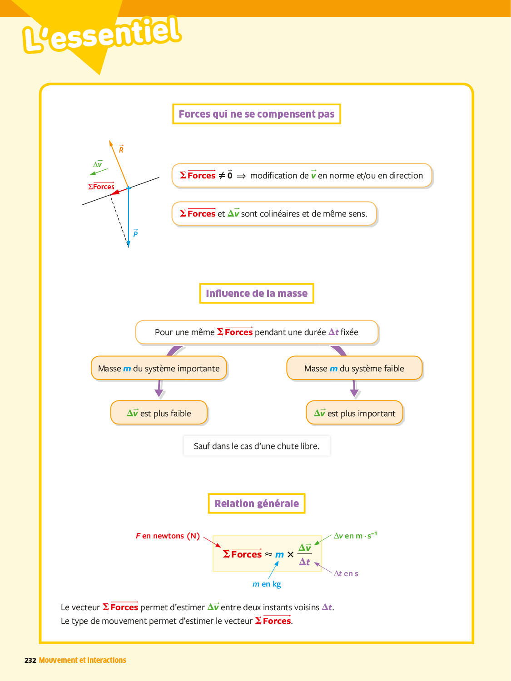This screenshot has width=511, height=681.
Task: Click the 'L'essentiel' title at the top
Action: [102, 35]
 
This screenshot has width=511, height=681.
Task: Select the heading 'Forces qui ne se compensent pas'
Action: [256, 114]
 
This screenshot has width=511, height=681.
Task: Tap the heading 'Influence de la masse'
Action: [256, 293]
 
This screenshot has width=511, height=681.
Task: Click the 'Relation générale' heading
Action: [256, 503]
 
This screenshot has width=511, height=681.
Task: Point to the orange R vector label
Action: [121, 149]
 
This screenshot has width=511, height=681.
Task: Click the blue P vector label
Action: [135, 233]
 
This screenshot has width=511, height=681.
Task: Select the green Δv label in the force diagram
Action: [98, 164]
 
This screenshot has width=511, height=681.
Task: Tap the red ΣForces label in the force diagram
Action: [101, 187]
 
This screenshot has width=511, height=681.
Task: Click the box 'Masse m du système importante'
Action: [159, 368]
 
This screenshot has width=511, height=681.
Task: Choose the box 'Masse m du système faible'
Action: [354, 368]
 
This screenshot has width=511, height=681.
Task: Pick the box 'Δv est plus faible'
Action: [159, 413]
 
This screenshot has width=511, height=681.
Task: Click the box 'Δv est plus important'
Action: [354, 413]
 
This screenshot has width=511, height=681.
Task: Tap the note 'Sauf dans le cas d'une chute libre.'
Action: [256, 446]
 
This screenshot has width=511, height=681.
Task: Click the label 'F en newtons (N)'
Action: [168, 536]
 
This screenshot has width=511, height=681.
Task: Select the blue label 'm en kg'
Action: [267, 584]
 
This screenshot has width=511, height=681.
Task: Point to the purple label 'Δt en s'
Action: [346, 573]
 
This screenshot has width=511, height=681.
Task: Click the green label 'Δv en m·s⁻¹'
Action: [355, 536]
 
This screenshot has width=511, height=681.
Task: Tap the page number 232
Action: [30, 660]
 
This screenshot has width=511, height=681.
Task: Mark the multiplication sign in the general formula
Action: [290, 554]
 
